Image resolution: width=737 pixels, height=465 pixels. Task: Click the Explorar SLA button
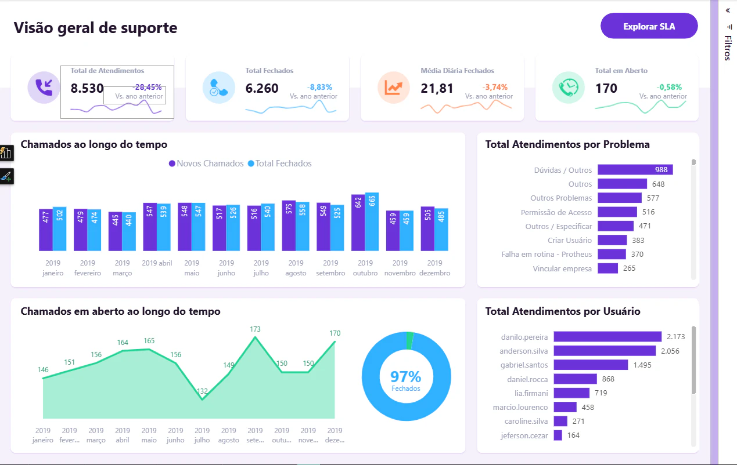point(649,26)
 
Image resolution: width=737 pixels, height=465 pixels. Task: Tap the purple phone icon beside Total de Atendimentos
point(44,88)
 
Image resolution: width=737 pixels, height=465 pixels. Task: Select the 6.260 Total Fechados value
point(262,88)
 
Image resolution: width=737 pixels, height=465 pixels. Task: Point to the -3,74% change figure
point(495,87)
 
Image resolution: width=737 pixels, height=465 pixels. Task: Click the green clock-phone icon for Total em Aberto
point(568,88)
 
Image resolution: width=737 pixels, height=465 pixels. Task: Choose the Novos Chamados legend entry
point(206,163)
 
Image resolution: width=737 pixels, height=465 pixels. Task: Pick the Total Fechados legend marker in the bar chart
point(251,163)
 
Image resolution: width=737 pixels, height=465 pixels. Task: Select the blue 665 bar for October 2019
point(372,221)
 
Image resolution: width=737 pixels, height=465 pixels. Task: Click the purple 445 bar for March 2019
point(115,231)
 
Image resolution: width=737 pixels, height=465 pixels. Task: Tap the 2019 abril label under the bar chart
point(157,263)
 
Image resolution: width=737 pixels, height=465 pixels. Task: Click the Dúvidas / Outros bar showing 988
point(635,169)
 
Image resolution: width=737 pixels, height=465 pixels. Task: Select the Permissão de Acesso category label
point(556,212)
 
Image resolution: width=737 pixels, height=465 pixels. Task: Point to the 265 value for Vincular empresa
point(629,268)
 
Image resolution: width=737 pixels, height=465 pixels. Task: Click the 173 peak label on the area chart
point(255,329)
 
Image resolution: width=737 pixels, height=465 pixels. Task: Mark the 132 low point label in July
point(202,391)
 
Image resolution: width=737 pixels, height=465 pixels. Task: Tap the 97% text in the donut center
point(406,377)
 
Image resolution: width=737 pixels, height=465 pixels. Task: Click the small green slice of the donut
point(409,340)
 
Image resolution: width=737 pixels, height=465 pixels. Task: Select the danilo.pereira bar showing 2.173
point(607,337)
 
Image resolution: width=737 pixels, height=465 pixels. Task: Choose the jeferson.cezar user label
point(524,435)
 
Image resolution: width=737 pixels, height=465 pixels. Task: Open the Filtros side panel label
point(728,48)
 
